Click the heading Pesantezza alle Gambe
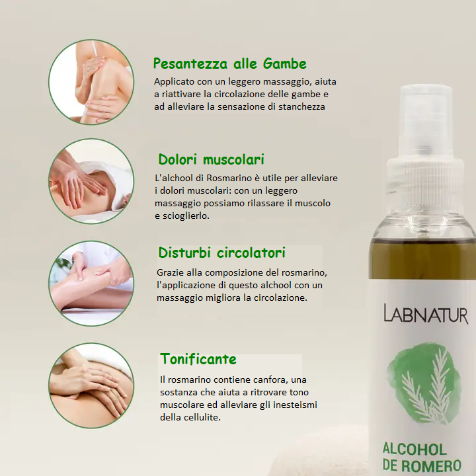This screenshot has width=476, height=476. coord(230,63)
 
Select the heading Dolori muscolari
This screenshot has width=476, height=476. coord(212,159)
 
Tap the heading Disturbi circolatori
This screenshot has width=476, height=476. coord(222,253)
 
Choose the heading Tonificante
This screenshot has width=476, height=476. coord(198,359)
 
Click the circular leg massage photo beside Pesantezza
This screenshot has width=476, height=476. coord(91,82)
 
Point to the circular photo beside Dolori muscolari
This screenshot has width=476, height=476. coord(91,181)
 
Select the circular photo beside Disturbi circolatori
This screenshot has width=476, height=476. coord(91,283)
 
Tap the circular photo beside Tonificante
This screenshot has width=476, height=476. coord(91,385)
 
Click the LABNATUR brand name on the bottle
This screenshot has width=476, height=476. coord(426,313)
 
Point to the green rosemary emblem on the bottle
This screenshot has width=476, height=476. coord(424,383)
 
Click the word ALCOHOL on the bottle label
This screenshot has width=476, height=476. coord(415,450)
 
